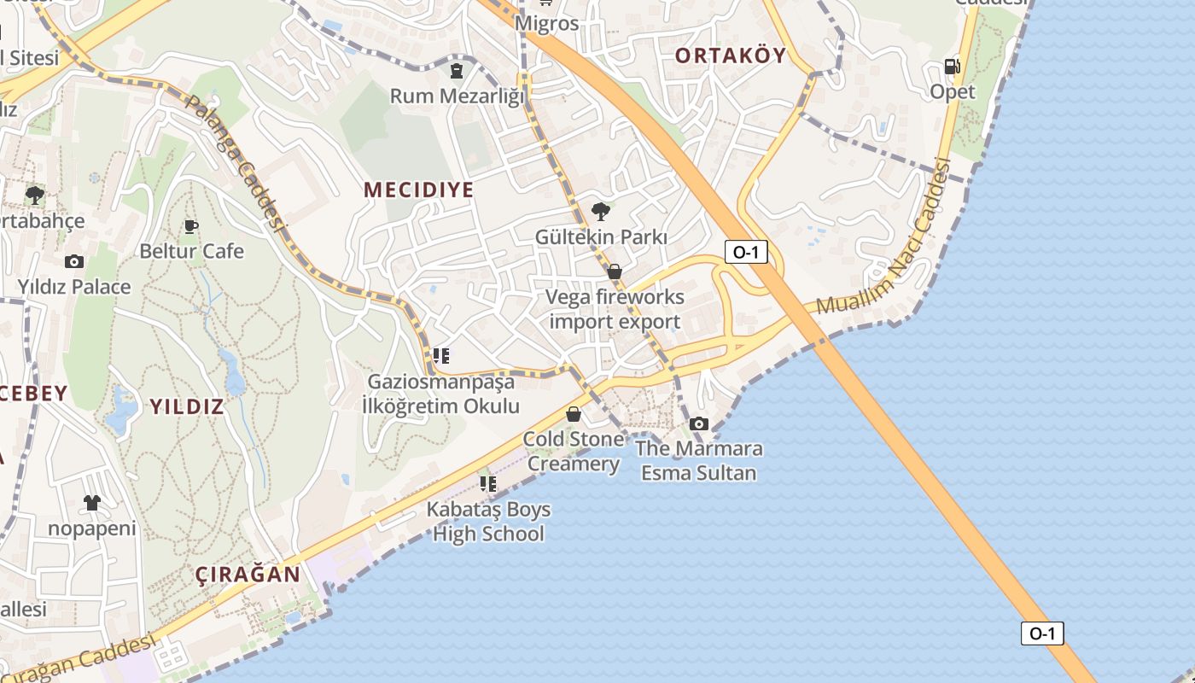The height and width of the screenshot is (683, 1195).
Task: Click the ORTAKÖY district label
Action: coord(730,56)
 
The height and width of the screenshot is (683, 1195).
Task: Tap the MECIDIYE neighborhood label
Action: coord(418,190)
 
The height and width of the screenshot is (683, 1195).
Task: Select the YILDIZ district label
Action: coord(187,406)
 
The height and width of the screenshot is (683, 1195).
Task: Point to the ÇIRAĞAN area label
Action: coord(248,575)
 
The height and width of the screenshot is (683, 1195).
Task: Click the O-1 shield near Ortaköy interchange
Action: coord(746,252)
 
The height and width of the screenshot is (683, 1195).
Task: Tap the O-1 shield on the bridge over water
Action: coord(1042,633)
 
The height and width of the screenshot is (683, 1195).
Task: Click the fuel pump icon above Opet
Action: coord(952,67)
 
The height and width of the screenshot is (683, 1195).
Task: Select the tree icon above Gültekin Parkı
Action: coord(601,211)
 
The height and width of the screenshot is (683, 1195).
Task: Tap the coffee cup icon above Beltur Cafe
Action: coord(191,226)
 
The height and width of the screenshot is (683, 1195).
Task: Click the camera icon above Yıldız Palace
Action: coord(74,261)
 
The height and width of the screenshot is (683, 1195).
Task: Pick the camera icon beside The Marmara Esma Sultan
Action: coord(698,423)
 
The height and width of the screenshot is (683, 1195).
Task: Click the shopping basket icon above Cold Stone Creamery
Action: coord(574,414)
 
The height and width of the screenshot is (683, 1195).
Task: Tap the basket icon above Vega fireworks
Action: coord(615,271)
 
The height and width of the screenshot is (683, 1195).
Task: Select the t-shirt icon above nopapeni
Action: coord(91,503)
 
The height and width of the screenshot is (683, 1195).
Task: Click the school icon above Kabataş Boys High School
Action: coord(488,484)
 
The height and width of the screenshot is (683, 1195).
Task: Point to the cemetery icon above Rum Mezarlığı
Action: coord(457,70)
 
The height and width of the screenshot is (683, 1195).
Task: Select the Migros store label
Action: coord(547,23)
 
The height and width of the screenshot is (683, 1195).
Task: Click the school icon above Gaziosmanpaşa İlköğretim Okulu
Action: coord(441,355)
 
